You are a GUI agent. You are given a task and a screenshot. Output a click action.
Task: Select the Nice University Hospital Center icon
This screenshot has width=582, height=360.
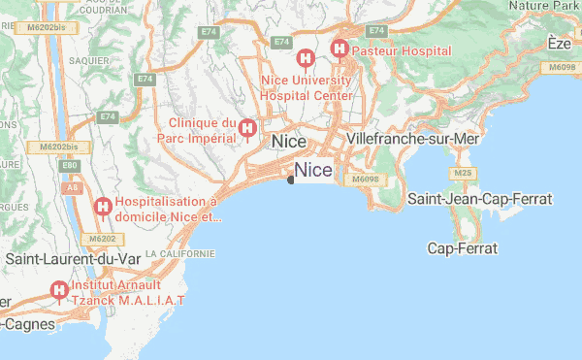click(x=305, y=58)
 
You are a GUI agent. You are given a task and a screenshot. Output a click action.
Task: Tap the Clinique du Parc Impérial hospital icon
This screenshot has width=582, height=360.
click(x=247, y=128)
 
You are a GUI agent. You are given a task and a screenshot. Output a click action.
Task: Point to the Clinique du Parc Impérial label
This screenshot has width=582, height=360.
click(x=203, y=129)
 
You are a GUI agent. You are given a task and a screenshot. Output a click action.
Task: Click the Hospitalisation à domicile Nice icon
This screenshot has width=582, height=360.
click(x=103, y=206)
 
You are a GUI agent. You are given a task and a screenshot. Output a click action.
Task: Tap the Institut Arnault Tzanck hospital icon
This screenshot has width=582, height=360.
click(x=60, y=289)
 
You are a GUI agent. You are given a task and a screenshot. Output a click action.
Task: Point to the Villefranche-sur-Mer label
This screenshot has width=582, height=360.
click(x=413, y=140)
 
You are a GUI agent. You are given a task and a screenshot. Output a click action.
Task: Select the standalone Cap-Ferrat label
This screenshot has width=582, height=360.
click(x=463, y=248)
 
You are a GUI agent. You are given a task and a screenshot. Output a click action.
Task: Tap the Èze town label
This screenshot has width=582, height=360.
click(x=559, y=43)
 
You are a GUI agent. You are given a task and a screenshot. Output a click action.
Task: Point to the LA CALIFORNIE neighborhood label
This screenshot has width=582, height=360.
click(x=179, y=253)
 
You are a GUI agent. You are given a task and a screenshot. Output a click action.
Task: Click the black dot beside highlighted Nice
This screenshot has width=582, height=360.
click(x=291, y=178)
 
